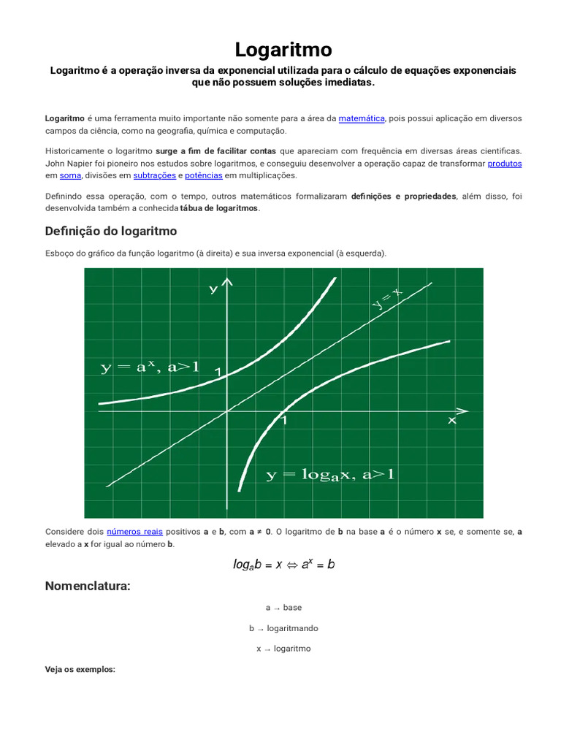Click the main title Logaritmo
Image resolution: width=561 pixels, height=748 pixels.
click(x=283, y=50)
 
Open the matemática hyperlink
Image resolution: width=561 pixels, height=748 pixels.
click(x=361, y=118)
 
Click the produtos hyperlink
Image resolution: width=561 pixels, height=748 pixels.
click(x=504, y=164)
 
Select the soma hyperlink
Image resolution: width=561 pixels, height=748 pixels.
click(x=70, y=175)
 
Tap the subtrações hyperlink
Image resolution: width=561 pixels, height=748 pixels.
click(x=154, y=175)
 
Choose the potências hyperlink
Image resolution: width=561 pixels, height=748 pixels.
click(x=203, y=175)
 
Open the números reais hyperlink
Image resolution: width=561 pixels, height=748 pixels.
click(x=134, y=532)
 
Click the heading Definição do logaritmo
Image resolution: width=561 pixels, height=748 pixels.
click(x=111, y=231)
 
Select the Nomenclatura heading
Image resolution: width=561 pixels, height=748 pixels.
click(x=88, y=586)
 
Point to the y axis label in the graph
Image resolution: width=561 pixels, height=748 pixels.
click(x=213, y=289)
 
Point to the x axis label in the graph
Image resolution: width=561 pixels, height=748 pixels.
click(x=452, y=421)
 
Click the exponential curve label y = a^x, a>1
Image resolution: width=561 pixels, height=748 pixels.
click(x=150, y=367)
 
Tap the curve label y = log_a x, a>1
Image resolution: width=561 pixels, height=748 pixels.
click(x=329, y=475)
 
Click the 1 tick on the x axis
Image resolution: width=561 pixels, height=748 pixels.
click(x=284, y=421)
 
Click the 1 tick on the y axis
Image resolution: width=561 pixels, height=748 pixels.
click(x=218, y=373)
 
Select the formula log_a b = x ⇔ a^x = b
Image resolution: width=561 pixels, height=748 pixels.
click(x=283, y=564)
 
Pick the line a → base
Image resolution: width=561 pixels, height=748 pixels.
click(x=283, y=607)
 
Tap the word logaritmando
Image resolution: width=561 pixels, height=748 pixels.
click(x=292, y=628)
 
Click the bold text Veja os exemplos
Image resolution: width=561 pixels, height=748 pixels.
click(x=80, y=669)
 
